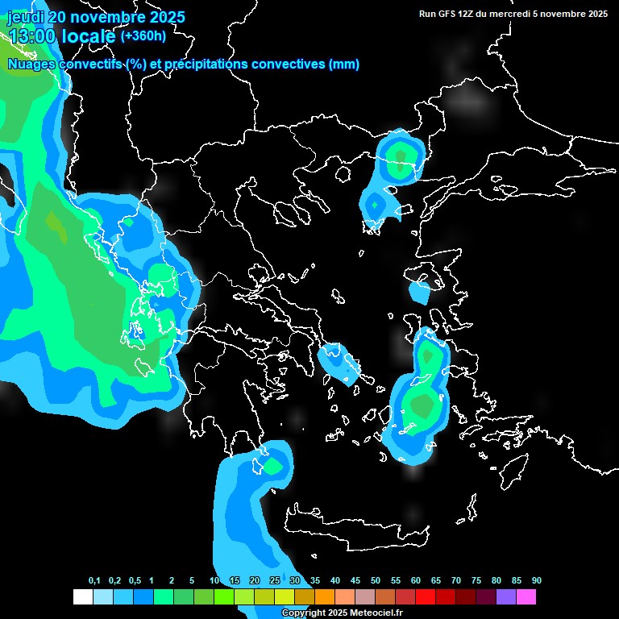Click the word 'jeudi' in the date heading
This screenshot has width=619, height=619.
tap(26, 16)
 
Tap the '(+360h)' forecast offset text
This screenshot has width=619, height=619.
tap(143, 35)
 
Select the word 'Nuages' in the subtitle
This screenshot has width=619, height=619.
tap(31, 64)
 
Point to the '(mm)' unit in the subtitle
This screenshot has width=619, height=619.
tap(344, 64)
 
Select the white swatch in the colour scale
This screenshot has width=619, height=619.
tap(83, 596)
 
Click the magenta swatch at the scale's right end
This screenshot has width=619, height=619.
tap(526, 596)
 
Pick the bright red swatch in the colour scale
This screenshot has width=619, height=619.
tap(426, 596)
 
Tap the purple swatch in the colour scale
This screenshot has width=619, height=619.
tap(506, 596)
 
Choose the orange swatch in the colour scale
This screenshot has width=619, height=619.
tap(325, 596)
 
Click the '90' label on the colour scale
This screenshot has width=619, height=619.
tap(537, 581)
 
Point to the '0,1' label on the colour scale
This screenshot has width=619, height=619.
tap(94, 581)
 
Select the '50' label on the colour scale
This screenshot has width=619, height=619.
tap(376, 581)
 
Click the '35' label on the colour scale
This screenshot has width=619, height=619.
tap(315, 581)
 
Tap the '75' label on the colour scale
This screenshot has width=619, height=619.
tap(476, 581)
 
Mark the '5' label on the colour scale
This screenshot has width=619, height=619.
tap(192, 581)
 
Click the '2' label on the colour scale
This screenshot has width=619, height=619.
tap(172, 581)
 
